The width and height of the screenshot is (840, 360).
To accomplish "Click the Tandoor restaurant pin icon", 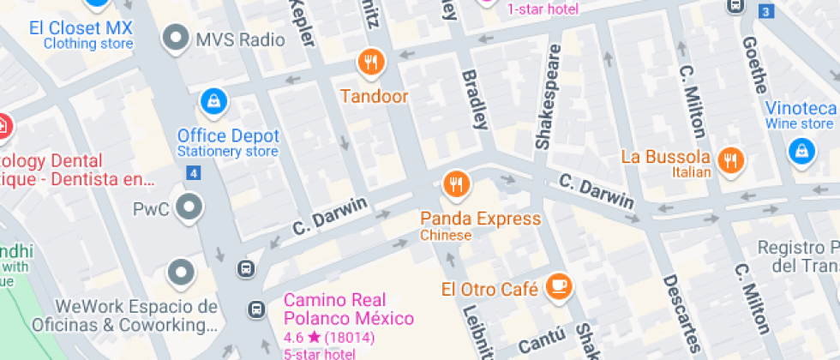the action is [370, 62].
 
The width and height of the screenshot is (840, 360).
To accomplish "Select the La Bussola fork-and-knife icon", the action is [730, 159].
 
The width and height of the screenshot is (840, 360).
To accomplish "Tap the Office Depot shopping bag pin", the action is [212, 102].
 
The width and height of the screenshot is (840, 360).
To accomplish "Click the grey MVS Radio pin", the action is [177, 38].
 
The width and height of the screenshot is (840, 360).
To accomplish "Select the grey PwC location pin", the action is [187, 207].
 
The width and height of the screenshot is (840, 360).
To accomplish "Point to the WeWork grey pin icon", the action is [180, 273].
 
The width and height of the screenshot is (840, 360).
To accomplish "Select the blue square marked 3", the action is [765, 11].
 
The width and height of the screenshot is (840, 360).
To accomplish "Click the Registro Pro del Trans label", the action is [797, 256].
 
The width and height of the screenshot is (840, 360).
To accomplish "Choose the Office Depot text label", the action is [228, 135].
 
